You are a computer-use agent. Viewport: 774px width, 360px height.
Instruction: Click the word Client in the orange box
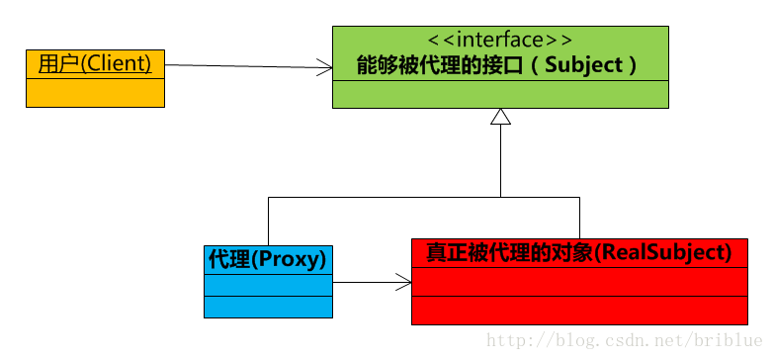point(119,63)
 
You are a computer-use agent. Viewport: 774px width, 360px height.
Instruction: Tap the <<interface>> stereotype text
point(499,41)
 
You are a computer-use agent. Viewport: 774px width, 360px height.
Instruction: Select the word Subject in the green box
point(584,66)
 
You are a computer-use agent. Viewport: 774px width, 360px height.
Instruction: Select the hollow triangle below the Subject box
point(500,117)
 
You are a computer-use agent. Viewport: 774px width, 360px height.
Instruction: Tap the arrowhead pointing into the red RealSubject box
point(404,284)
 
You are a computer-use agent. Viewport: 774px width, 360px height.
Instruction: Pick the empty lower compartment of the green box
point(500,95)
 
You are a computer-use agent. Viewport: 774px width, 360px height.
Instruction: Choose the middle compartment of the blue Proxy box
point(268,285)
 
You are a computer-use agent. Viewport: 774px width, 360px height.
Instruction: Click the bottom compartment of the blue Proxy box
point(268,307)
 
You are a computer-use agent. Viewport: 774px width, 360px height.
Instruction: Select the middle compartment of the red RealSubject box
point(579,281)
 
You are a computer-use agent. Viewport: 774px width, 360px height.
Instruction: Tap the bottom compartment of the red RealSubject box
point(579,310)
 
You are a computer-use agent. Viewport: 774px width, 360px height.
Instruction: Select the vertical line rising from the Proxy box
point(269,220)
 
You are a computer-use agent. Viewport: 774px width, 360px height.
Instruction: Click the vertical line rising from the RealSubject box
point(579,217)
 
